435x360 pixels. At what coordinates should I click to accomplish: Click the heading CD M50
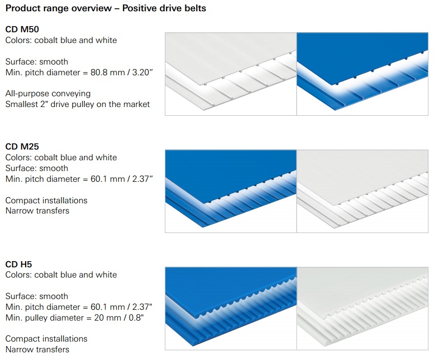[x=22, y=29]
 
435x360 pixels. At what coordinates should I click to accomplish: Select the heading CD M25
[x=22, y=146]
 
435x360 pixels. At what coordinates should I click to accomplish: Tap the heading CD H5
[x=18, y=264]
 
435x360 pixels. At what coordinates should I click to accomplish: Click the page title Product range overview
[x=58, y=8]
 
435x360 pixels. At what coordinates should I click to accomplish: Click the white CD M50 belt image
[x=231, y=74]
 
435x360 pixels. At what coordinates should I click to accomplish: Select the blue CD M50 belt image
[x=362, y=74]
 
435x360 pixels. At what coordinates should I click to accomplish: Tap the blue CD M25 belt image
[x=231, y=192]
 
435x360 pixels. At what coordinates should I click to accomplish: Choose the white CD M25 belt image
[x=362, y=192]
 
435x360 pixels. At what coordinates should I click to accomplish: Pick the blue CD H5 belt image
[x=231, y=308]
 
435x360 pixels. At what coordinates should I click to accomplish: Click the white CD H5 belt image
[x=362, y=308]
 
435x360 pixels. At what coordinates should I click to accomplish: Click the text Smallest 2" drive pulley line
[x=77, y=104]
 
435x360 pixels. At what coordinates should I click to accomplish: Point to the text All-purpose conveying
[x=48, y=94]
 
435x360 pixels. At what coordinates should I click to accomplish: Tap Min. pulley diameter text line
[x=75, y=317]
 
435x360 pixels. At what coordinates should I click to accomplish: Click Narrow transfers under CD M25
[x=37, y=211]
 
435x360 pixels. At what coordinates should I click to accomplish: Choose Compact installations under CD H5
[x=46, y=339]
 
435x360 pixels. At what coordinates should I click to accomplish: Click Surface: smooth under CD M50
[x=36, y=61]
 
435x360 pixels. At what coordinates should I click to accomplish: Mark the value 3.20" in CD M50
[x=142, y=72]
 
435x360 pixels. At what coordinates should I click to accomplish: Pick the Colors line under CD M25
[x=61, y=158]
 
